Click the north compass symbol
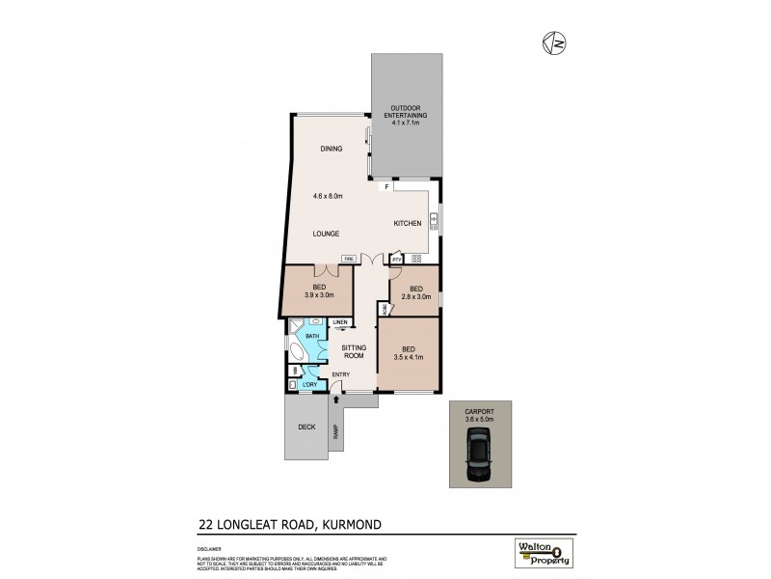tap(554, 42)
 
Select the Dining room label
tap(332, 149)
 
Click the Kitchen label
tap(408, 223)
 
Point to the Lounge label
tap(328, 234)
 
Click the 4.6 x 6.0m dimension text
tap(329, 197)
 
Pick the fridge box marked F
tap(386, 186)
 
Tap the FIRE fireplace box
tap(349, 258)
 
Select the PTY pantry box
tap(395, 259)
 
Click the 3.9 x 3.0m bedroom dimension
tap(319, 294)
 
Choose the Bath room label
tap(312, 336)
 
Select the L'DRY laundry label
tap(309, 385)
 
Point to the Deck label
tap(306, 426)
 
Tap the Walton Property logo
tap(543, 553)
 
